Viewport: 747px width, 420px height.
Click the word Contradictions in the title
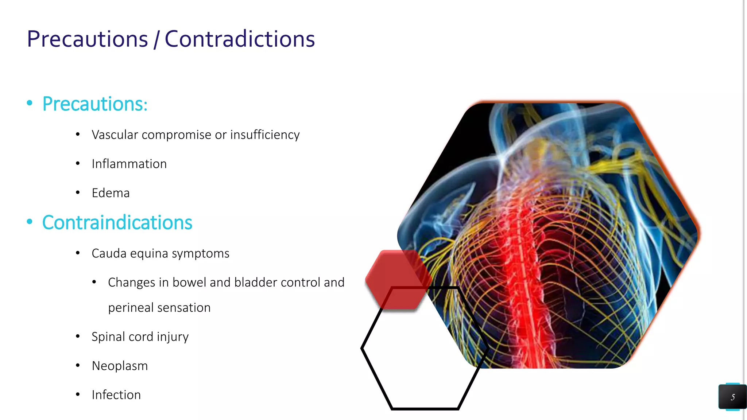240,39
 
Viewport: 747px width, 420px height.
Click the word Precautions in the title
88,39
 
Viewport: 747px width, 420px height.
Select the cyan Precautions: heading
95,104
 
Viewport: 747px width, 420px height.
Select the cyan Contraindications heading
117,222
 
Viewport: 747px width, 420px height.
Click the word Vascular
115,135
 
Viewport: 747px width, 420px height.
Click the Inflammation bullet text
129,164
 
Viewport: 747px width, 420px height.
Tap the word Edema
111,193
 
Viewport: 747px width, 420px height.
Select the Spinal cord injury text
140,337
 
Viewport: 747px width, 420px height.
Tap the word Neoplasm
120,366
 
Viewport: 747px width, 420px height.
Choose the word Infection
116,395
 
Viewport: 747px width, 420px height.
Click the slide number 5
732,397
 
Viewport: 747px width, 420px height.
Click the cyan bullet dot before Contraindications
30,222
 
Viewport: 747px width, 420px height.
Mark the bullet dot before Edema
78,192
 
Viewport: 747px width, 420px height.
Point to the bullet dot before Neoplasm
78,365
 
